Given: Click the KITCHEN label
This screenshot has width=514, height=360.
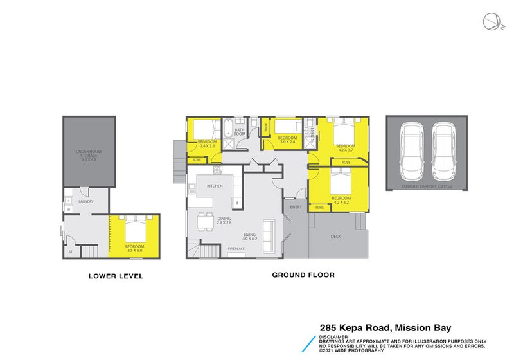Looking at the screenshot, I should pos(214,186).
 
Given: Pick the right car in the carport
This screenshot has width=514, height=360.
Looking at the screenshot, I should pos(443,152).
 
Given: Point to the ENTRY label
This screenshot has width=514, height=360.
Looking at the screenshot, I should pos(296,207).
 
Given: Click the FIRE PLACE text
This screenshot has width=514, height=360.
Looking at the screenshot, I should pos(236,249).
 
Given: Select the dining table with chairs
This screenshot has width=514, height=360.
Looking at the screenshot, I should pos(204,221).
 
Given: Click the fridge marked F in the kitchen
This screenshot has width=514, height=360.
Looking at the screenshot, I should pos(236,204).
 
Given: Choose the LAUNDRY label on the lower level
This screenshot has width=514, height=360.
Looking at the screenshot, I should pos(85,201).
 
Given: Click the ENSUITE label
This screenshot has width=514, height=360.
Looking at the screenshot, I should pos(312,134).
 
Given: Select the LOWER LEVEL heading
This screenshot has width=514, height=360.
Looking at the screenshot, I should pos(115,277).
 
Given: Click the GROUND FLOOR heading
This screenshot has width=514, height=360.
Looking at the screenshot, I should pos(303,274).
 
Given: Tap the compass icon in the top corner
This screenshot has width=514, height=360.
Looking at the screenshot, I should pos(491,21).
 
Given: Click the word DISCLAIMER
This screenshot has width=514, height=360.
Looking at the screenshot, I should pos(333,336).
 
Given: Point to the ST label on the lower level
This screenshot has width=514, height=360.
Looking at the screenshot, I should pos(70,252).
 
